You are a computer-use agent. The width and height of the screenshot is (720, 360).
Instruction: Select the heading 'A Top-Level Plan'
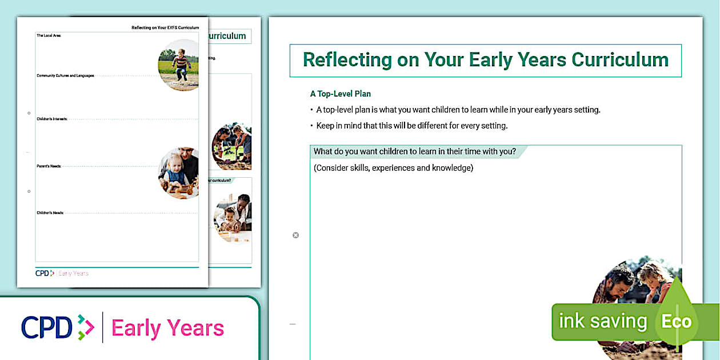point(341,94)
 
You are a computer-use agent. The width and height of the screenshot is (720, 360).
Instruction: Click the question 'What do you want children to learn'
point(415,152)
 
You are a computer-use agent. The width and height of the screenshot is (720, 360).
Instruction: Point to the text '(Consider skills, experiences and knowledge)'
point(393,168)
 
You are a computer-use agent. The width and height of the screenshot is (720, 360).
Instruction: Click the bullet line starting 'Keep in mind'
point(412,126)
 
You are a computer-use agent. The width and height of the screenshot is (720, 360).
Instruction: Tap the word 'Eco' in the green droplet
point(677,322)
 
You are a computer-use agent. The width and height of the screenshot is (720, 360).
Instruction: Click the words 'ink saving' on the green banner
point(602,322)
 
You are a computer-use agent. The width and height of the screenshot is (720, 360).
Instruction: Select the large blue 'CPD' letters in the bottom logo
point(47,327)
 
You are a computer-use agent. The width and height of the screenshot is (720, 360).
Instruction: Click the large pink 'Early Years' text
point(167,328)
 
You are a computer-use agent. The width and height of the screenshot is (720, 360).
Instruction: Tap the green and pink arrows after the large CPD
point(86,327)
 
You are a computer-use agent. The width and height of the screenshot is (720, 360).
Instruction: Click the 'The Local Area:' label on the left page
point(49,35)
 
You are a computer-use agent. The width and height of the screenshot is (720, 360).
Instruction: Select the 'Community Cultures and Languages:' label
point(65,75)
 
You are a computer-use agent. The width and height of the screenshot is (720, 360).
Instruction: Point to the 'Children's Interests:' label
point(52,119)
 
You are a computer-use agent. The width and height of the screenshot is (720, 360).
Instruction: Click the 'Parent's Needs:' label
point(49,166)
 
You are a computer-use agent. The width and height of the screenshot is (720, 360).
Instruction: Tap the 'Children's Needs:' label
point(50,213)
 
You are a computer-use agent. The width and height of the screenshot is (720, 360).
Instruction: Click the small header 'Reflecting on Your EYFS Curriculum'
point(165,27)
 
